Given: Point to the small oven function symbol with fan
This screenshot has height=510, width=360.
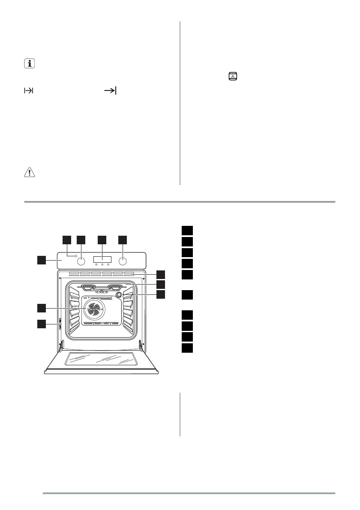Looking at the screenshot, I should [x=234, y=77].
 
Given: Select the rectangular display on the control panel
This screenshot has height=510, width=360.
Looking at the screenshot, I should [x=102, y=259].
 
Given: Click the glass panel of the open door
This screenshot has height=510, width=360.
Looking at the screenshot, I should [x=102, y=359].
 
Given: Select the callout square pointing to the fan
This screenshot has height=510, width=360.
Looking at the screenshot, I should [x=41, y=308].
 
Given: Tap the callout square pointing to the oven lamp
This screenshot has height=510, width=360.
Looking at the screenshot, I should [x=161, y=294].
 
